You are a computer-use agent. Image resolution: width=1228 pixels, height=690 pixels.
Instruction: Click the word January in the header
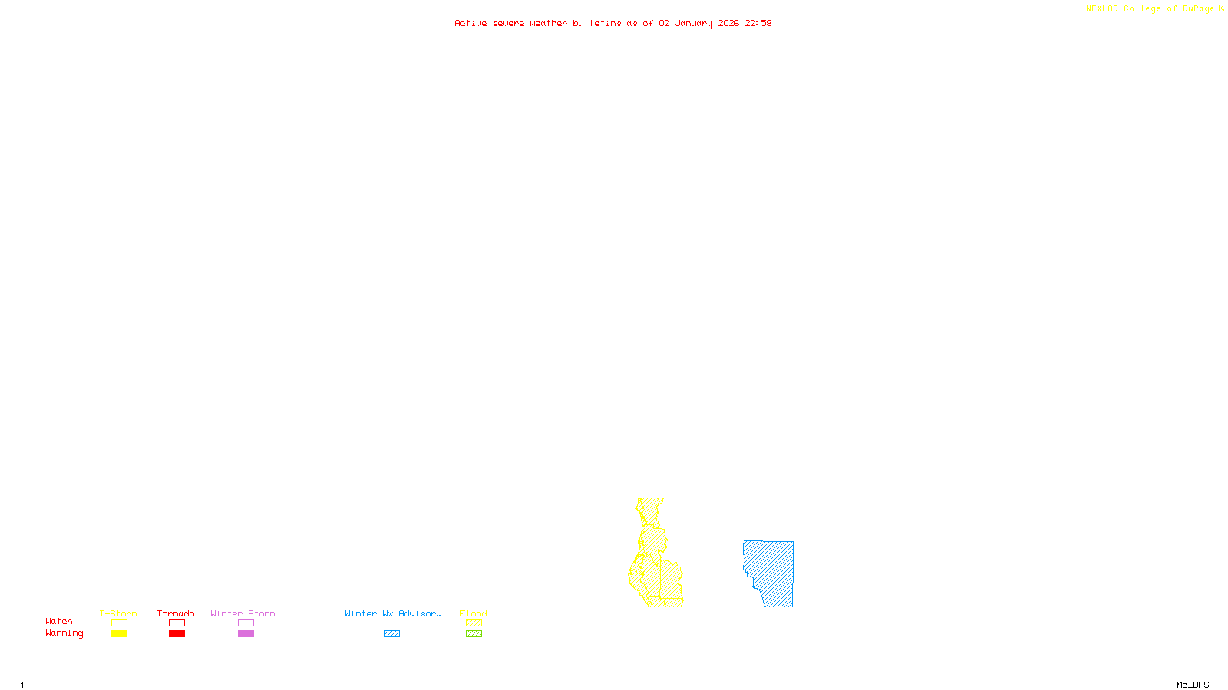click(x=693, y=23)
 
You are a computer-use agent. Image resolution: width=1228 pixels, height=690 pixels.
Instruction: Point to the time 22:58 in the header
click(x=758, y=23)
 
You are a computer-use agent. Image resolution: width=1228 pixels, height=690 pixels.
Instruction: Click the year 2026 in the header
click(x=728, y=23)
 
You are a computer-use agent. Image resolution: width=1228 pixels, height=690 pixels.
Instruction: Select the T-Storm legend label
click(x=118, y=613)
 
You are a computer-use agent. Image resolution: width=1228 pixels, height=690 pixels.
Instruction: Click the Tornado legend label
click(x=176, y=613)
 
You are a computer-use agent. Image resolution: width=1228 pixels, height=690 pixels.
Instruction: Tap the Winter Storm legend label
click(x=243, y=613)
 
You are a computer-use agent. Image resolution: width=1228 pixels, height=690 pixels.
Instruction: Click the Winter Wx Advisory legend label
click(x=393, y=613)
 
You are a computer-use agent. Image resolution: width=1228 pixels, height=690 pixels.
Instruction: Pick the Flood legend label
click(x=474, y=613)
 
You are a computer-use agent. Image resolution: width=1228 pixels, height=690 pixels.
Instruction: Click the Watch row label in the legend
click(x=59, y=621)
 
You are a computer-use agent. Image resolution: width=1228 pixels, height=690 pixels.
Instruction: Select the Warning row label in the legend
click(x=64, y=633)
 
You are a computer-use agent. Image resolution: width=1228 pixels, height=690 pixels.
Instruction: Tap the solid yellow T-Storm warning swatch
click(x=119, y=633)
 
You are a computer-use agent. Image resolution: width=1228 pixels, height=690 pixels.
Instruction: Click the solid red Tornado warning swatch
click(x=177, y=633)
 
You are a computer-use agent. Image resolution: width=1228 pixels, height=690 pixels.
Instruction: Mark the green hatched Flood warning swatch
click(x=474, y=633)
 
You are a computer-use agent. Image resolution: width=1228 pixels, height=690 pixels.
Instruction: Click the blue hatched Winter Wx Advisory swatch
click(x=391, y=633)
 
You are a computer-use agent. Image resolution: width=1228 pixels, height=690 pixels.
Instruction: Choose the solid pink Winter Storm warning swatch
click(x=246, y=633)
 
